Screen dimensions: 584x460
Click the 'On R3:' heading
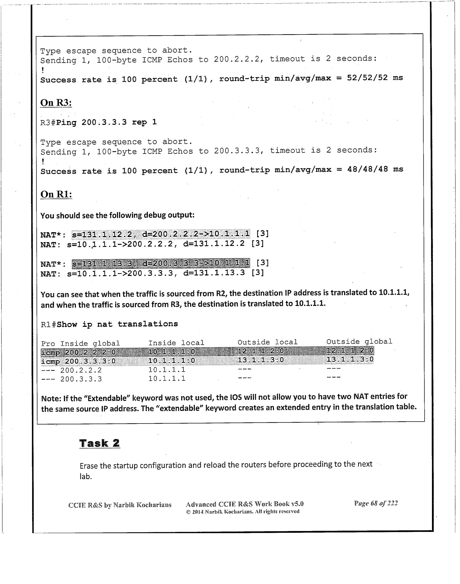pyautogui.click(x=56, y=103)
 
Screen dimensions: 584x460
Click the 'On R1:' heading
pyautogui.click(x=56, y=194)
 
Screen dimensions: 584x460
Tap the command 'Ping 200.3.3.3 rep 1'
pyautogui.click(x=106, y=122)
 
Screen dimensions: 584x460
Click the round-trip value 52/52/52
pyautogui.click(x=367, y=78)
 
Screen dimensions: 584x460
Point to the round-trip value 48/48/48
pyautogui.click(x=367, y=169)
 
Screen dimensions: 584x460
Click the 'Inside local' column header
pyautogui.click(x=176, y=343)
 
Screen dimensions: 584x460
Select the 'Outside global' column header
pyautogui.click(x=359, y=342)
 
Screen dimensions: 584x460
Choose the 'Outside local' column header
pyautogui.click(x=267, y=342)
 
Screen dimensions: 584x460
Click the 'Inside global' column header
pyautogui.click(x=90, y=343)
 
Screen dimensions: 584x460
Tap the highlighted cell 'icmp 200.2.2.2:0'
pyautogui.click(x=78, y=352)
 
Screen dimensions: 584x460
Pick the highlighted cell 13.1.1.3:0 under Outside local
pyautogui.click(x=261, y=360)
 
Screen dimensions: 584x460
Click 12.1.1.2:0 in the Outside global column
pyautogui.click(x=350, y=351)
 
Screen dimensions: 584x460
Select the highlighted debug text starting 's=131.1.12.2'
pyautogui.click(x=161, y=234)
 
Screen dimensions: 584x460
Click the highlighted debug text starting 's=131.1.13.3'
pyautogui.click(x=161, y=263)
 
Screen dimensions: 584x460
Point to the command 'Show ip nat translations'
pyautogui.click(x=117, y=324)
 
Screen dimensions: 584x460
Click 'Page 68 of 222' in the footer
pyautogui.click(x=376, y=504)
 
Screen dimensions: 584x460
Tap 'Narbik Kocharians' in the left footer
pyautogui.click(x=142, y=505)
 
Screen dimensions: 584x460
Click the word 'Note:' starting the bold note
pyautogui.click(x=51, y=398)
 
